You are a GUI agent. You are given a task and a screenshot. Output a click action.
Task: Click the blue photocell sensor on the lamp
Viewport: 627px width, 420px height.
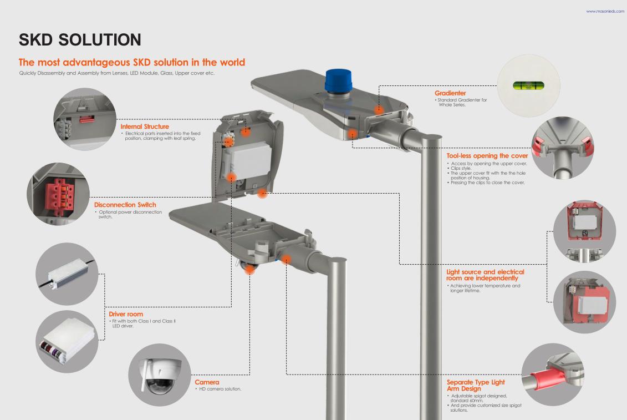click(x=338, y=81)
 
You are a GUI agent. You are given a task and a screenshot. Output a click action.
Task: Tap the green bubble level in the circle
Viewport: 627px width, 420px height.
click(x=528, y=85)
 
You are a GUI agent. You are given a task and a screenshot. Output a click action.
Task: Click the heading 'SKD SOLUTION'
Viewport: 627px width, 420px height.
click(x=80, y=39)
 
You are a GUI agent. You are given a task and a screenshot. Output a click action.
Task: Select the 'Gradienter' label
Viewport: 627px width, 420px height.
click(x=450, y=93)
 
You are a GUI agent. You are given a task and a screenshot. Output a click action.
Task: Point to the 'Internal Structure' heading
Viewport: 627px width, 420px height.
click(x=145, y=126)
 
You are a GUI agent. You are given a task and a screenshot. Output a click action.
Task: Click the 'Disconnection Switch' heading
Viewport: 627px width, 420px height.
click(x=125, y=205)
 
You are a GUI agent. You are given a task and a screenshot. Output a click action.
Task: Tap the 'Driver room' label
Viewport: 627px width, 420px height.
click(x=126, y=314)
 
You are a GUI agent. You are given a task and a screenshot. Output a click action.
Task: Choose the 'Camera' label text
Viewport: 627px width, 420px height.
click(x=207, y=382)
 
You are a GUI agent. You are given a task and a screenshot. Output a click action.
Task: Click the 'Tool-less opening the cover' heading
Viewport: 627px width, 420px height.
click(x=487, y=156)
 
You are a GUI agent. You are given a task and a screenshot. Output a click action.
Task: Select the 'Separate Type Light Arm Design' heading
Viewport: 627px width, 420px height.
click(x=476, y=385)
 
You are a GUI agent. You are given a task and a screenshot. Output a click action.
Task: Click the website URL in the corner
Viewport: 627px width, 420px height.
click(x=605, y=11)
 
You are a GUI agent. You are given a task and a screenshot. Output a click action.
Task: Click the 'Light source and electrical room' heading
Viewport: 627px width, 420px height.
click(x=485, y=275)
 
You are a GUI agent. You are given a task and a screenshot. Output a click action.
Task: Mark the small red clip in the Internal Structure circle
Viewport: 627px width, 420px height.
click(x=87, y=119)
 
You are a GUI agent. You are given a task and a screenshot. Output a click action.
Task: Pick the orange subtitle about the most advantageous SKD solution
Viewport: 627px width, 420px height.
click(x=131, y=63)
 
